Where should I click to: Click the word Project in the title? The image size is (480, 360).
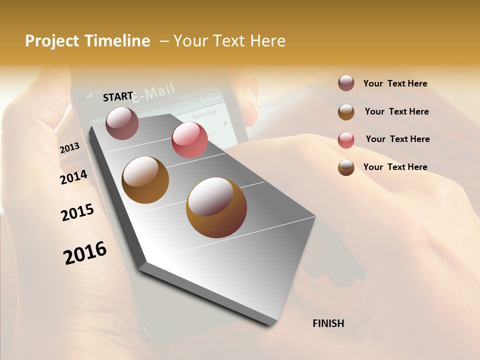[x=50, y=41]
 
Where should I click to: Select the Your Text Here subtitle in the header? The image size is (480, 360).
[x=229, y=41]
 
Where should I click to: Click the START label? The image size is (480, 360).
[x=118, y=96]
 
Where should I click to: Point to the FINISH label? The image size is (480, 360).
[x=328, y=323]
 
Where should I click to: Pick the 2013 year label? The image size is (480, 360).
[x=69, y=148]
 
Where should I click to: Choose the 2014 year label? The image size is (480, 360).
[x=73, y=177]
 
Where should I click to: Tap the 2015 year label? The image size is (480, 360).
[x=77, y=212]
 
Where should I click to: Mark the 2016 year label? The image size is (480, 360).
[x=85, y=252]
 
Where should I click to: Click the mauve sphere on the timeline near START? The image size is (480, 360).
[x=122, y=123]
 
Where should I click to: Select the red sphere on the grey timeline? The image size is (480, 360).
[x=189, y=139]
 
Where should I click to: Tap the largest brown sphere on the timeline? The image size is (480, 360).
[x=216, y=207]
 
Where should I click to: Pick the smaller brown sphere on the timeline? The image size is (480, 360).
[x=145, y=180]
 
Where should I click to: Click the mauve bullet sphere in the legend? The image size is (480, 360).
[x=346, y=83]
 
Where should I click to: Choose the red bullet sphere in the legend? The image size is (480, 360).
[x=346, y=140]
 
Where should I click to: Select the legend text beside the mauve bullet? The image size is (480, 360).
[x=395, y=83]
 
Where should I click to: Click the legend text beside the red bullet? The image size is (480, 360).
[x=397, y=139]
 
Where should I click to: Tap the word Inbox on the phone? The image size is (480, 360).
[x=210, y=100]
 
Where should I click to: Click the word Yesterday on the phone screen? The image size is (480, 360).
[x=203, y=114]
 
